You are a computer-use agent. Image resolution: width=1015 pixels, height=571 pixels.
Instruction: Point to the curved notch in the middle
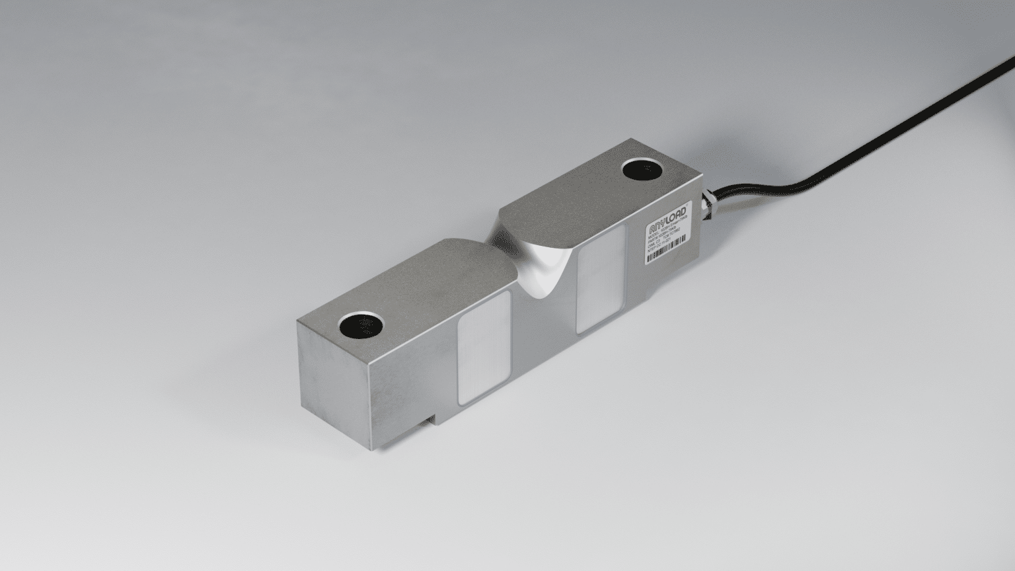pyautogui.click(x=535, y=264)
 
